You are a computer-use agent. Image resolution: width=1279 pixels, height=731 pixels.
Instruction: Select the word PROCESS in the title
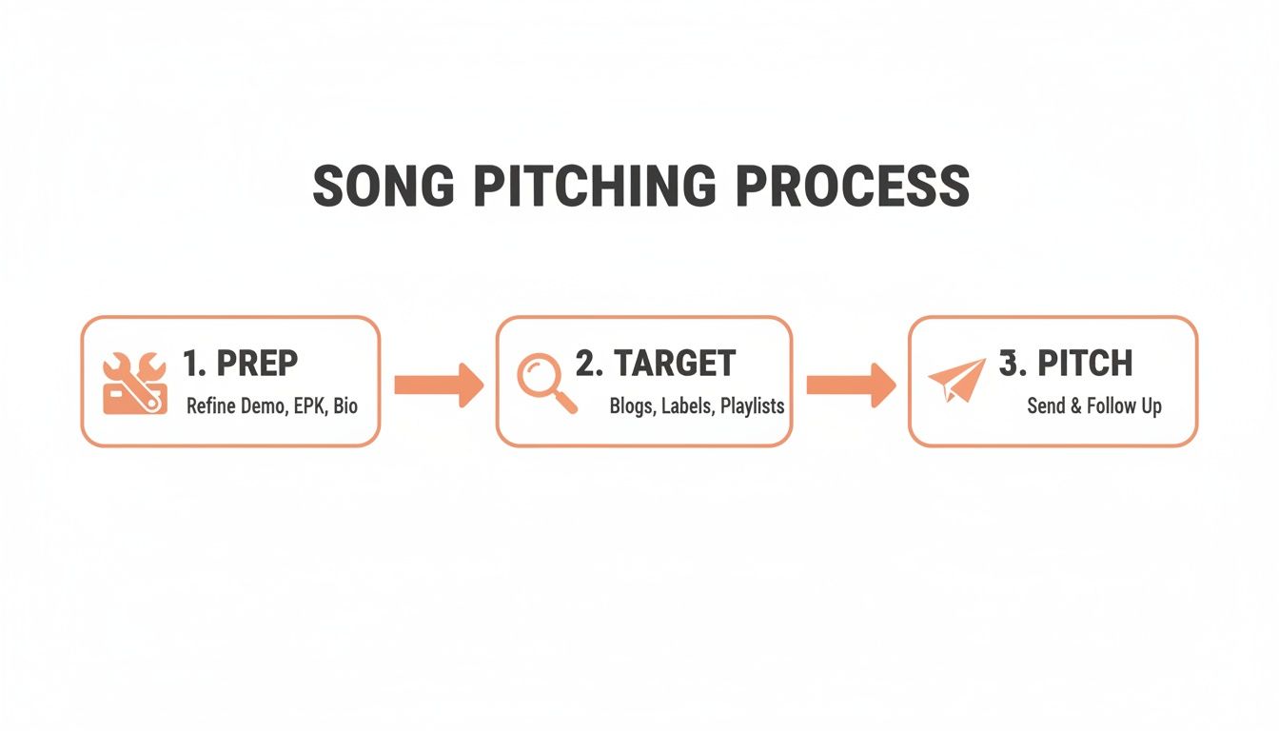click(x=852, y=187)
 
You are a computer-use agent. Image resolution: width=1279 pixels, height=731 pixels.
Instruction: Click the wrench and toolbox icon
click(x=134, y=383)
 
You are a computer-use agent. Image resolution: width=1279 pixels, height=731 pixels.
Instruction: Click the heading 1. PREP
click(x=240, y=363)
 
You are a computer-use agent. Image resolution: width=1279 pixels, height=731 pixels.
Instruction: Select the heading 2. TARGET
click(x=656, y=363)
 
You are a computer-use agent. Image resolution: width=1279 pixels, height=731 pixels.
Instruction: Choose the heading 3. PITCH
click(x=1066, y=363)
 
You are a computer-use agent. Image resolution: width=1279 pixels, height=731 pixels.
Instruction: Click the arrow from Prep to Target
click(x=439, y=384)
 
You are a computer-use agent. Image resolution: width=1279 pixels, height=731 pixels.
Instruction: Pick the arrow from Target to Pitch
click(x=851, y=384)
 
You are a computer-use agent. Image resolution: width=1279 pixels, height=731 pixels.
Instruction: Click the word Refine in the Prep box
click(x=208, y=406)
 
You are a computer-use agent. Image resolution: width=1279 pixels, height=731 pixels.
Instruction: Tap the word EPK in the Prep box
click(x=305, y=406)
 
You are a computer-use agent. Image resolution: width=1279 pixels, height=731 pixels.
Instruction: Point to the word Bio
click(x=345, y=406)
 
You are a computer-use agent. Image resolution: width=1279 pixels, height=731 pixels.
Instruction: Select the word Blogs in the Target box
click(x=631, y=406)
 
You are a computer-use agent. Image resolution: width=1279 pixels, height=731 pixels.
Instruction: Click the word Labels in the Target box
click(x=685, y=406)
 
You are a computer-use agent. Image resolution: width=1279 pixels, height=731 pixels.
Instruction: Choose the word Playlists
click(x=752, y=406)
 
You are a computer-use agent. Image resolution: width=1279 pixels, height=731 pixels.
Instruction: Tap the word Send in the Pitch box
click(x=1046, y=406)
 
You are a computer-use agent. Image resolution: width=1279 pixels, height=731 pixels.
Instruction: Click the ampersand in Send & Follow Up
click(x=1076, y=406)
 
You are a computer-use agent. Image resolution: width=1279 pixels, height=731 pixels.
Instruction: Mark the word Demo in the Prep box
click(x=259, y=406)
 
